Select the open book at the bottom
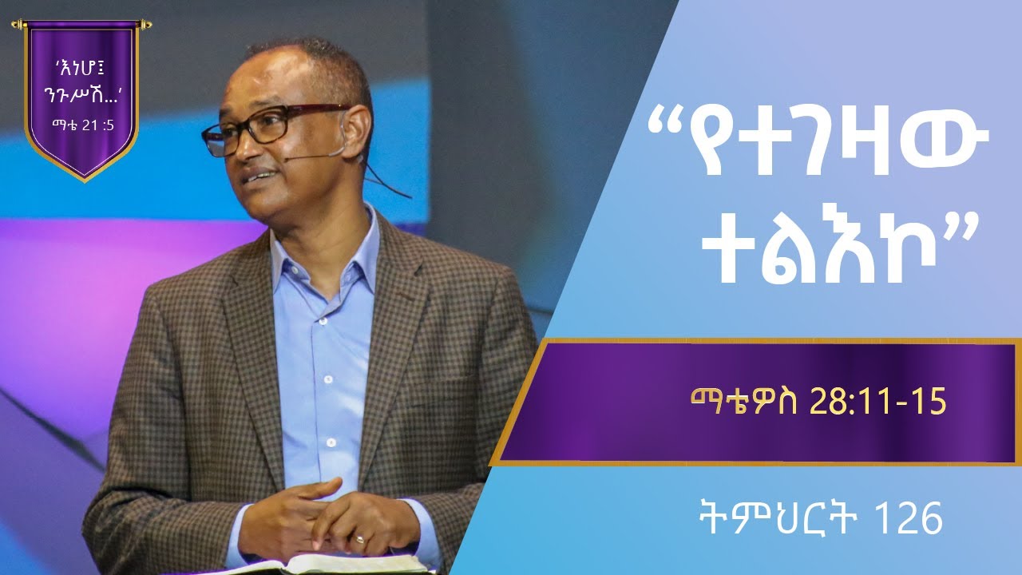[x=335, y=564]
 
